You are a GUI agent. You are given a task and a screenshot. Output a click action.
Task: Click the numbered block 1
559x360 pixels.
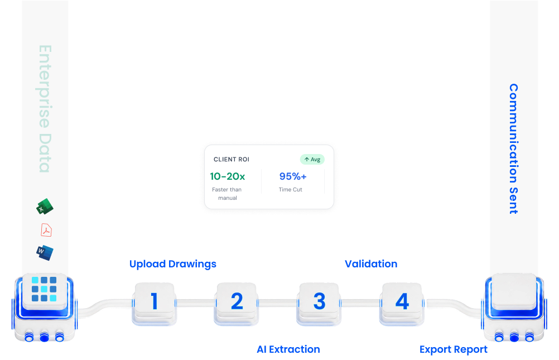(155, 303)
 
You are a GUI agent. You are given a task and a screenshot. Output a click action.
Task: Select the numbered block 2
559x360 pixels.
(237, 303)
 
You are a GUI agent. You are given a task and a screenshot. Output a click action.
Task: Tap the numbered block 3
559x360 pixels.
(319, 303)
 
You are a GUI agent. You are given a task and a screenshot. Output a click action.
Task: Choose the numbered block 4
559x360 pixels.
(402, 303)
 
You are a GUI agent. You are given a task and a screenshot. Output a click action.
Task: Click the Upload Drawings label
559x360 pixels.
(173, 264)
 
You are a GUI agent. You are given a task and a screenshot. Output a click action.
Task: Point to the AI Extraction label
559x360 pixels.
(288, 349)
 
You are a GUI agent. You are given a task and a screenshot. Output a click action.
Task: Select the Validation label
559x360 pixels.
(371, 264)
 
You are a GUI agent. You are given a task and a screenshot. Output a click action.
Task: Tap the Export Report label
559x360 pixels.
(454, 349)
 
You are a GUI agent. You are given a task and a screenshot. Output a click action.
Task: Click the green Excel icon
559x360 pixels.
(45, 207)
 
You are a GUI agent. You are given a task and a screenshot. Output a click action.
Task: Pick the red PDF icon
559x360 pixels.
(46, 230)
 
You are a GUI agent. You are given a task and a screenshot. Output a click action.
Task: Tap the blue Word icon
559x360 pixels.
(45, 253)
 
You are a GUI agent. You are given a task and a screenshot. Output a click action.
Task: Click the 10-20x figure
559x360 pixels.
(228, 176)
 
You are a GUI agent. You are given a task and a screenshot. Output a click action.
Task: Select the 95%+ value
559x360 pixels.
(293, 176)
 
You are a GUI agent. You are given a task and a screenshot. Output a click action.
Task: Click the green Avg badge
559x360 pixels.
(312, 160)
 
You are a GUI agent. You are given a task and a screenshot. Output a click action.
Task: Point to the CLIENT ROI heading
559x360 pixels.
(232, 160)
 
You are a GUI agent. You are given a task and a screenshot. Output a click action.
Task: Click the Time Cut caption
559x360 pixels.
(291, 189)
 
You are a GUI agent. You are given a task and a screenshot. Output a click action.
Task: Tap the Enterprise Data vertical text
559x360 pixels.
(45, 109)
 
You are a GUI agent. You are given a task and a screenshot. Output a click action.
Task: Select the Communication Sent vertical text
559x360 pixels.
(513, 149)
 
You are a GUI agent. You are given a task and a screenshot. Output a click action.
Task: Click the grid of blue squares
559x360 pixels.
(44, 289)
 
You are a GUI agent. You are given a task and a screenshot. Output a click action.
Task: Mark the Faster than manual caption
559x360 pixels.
(227, 194)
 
